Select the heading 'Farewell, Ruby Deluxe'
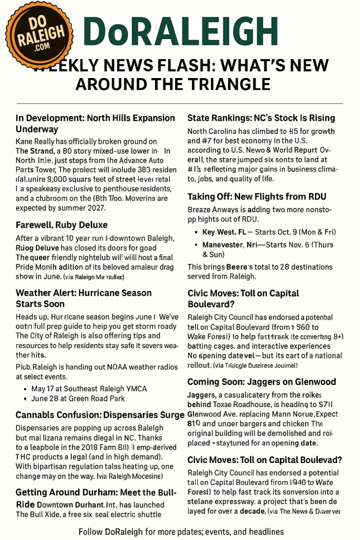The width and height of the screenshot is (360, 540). [62, 225]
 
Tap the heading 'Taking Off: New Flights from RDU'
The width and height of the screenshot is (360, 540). [257, 197]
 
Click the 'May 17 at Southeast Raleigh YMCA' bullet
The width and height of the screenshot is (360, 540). [89, 389]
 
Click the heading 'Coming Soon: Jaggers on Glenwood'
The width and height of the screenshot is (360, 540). [261, 382]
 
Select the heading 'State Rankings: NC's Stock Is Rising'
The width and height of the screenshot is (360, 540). [261, 118]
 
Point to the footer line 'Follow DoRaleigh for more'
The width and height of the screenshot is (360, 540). [181, 532]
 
